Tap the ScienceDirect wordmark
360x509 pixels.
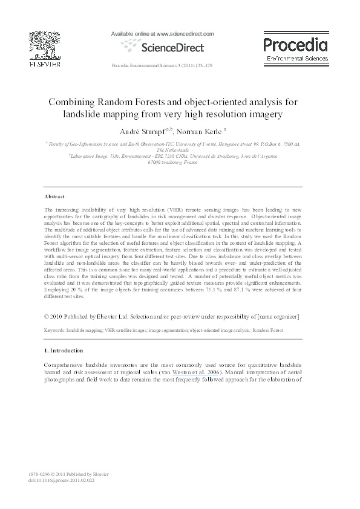pyautogui.click(x=172, y=47)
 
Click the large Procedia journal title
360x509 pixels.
pyautogui.click(x=295, y=44)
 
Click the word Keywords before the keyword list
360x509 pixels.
pyautogui.click(x=55, y=331)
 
